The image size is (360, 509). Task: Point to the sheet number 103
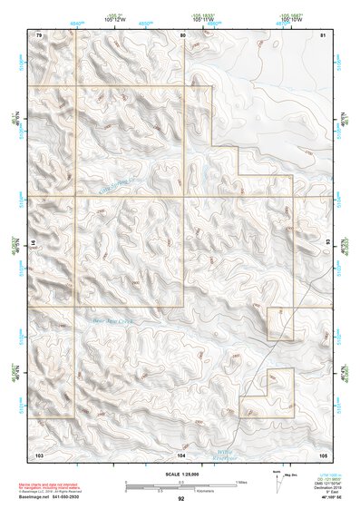click(39, 453)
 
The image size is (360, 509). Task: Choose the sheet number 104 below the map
click(182, 453)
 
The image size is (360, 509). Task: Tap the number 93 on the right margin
click(327, 242)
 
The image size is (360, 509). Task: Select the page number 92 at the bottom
click(180, 498)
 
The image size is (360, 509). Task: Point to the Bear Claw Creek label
click(106, 319)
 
